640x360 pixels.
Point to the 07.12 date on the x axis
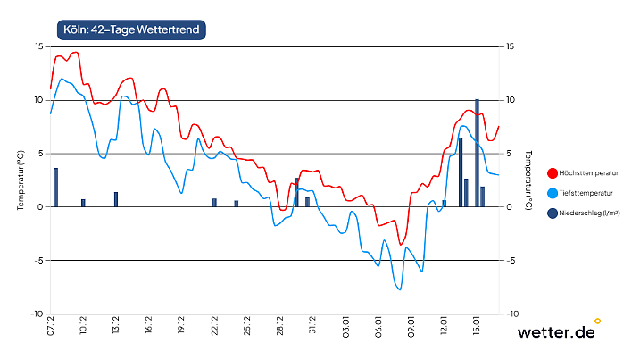[x=51, y=326]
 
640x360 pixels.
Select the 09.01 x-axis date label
[x=411, y=326]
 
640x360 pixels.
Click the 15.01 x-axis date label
[x=477, y=326]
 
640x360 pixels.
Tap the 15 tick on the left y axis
[x=38, y=46]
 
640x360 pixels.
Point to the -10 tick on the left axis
[x=37, y=314]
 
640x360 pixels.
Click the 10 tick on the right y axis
[x=511, y=100]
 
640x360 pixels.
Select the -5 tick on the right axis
[x=511, y=261]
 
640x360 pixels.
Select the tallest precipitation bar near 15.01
[x=477, y=153]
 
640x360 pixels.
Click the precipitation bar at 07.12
[x=55, y=188]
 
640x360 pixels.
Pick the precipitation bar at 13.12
[x=116, y=199]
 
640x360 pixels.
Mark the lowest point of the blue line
[x=400, y=289]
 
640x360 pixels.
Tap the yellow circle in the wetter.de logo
[x=597, y=321]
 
